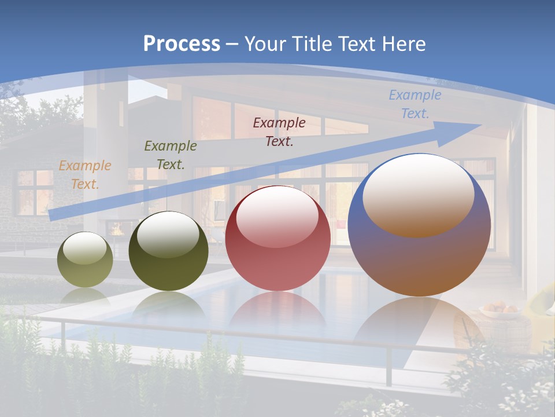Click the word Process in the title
click(x=182, y=44)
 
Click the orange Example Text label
click(x=84, y=175)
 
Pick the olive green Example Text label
click(x=170, y=155)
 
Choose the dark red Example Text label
click(x=279, y=131)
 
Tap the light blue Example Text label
click(x=415, y=104)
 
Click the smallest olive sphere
click(x=85, y=260)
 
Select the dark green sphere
click(x=168, y=251)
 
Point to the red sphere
click(x=277, y=239)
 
